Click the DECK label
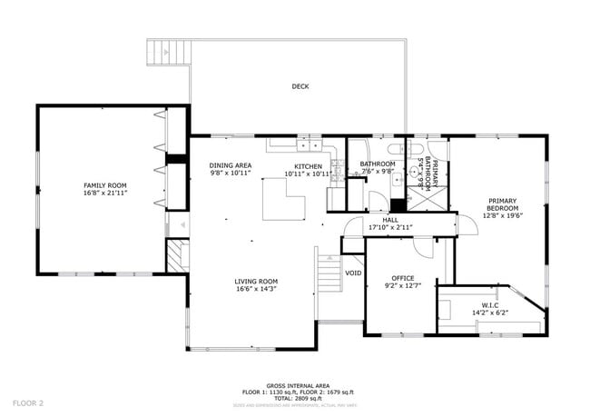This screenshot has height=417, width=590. (300, 87)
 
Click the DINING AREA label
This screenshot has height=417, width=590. (231, 165)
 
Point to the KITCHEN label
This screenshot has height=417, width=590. (307, 165)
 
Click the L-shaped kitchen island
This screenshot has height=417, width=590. (283, 199)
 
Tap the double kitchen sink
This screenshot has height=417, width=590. (309, 144)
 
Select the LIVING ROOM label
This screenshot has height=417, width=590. (256, 282)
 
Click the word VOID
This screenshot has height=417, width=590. (353, 273)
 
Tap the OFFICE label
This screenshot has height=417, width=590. (402, 278)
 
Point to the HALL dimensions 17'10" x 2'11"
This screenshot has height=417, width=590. (390, 227)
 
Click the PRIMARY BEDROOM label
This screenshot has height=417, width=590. (502, 205)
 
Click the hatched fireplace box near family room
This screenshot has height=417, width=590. (176, 256)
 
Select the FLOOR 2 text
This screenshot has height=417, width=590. (28, 401)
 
